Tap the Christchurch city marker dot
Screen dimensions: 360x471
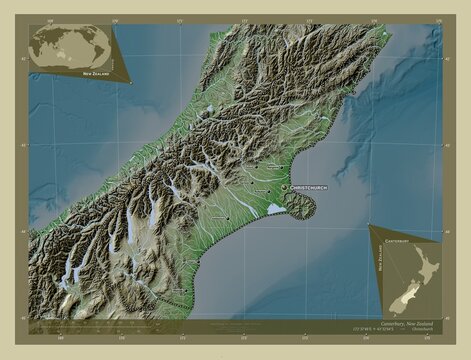[x=285, y=188]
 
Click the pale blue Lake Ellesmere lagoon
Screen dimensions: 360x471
[x=274, y=209]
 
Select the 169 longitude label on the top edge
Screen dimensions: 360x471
[x=48, y=19]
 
